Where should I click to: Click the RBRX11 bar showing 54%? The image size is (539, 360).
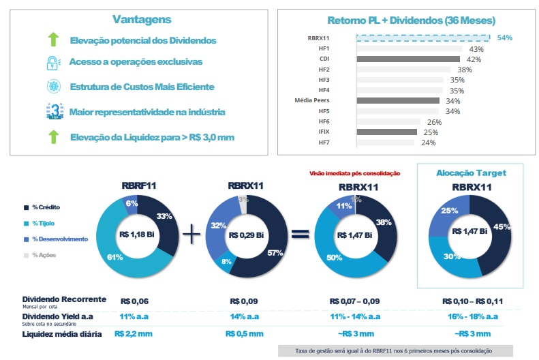coord(422,38)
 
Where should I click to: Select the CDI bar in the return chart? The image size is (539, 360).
coord(407,59)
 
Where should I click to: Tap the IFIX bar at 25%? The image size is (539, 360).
coord(386,132)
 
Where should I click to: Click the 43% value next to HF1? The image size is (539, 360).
coord(476,49)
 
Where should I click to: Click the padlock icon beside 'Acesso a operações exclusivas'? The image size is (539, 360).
coord(53,63)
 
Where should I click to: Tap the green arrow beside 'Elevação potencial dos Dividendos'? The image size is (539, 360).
coord(53,40)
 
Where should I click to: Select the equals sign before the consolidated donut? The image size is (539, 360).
coord(298,233)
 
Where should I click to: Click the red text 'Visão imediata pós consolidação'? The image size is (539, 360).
coord(354,174)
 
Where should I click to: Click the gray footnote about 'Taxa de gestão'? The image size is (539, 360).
coord(394,350)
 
